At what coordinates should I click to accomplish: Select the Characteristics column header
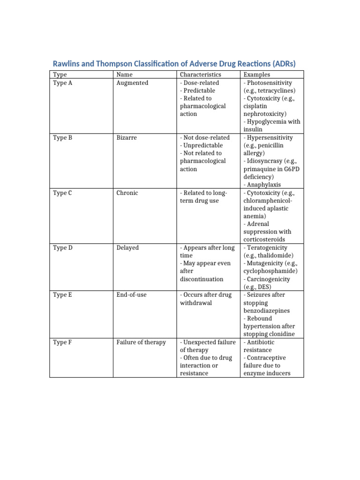coord(200,75)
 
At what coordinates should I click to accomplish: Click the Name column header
coord(124,75)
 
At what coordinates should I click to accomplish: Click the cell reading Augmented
coord(132,83)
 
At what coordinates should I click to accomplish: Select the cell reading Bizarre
coord(127,138)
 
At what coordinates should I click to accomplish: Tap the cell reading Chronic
coord(127,193)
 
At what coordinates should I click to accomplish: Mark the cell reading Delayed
coord(127,247)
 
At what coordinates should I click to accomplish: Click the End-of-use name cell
coord(131,295)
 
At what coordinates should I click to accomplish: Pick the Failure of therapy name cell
coord(141,342)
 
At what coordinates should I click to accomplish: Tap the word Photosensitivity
coord(270,83)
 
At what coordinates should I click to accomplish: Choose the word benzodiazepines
coord(266,310)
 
